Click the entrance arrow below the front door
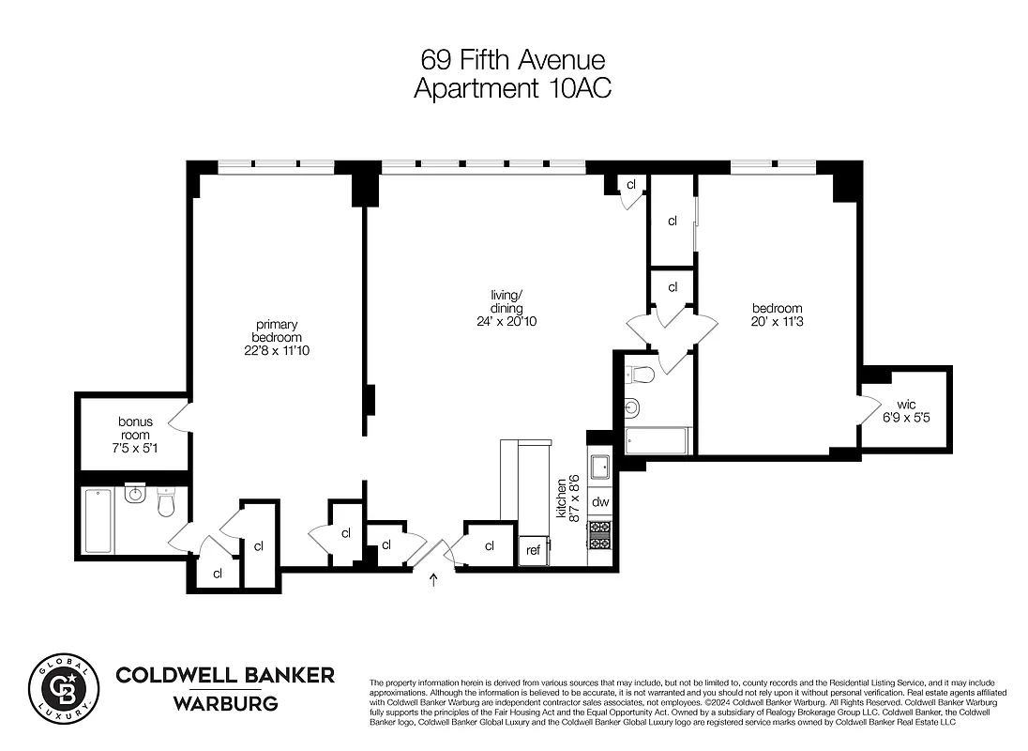tap(433, 580)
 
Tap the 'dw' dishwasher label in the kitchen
tap(600, 502)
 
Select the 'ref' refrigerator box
tap(533, 550)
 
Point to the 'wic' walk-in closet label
tap(906, 405)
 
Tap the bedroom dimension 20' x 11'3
tap(777, 322)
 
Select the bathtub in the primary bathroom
tap(98, 520)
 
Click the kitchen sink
tap(600, 465)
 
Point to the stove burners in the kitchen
tap(599, 536)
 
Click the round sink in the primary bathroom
tap(135, 494)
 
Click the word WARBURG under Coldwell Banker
tap(224, 703)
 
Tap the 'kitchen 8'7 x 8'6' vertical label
tap(568, 498)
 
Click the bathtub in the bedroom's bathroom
tap(657, 440)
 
